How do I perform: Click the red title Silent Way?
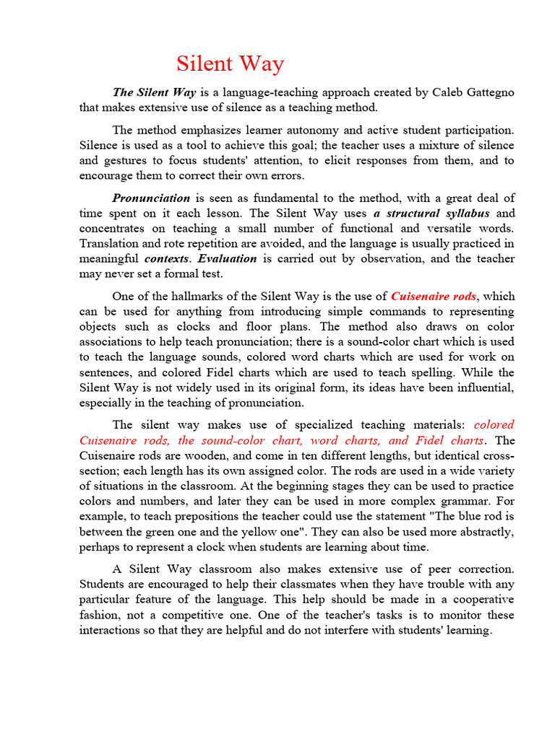(x=231, y=64)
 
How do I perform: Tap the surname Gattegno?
(x=486, y=92)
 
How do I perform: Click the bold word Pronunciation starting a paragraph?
(x=151, y=198)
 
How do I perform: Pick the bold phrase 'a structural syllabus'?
(x=431, y=214)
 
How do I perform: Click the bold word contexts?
(x=167, y=258)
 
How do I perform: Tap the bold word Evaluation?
(x=228, y=258)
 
